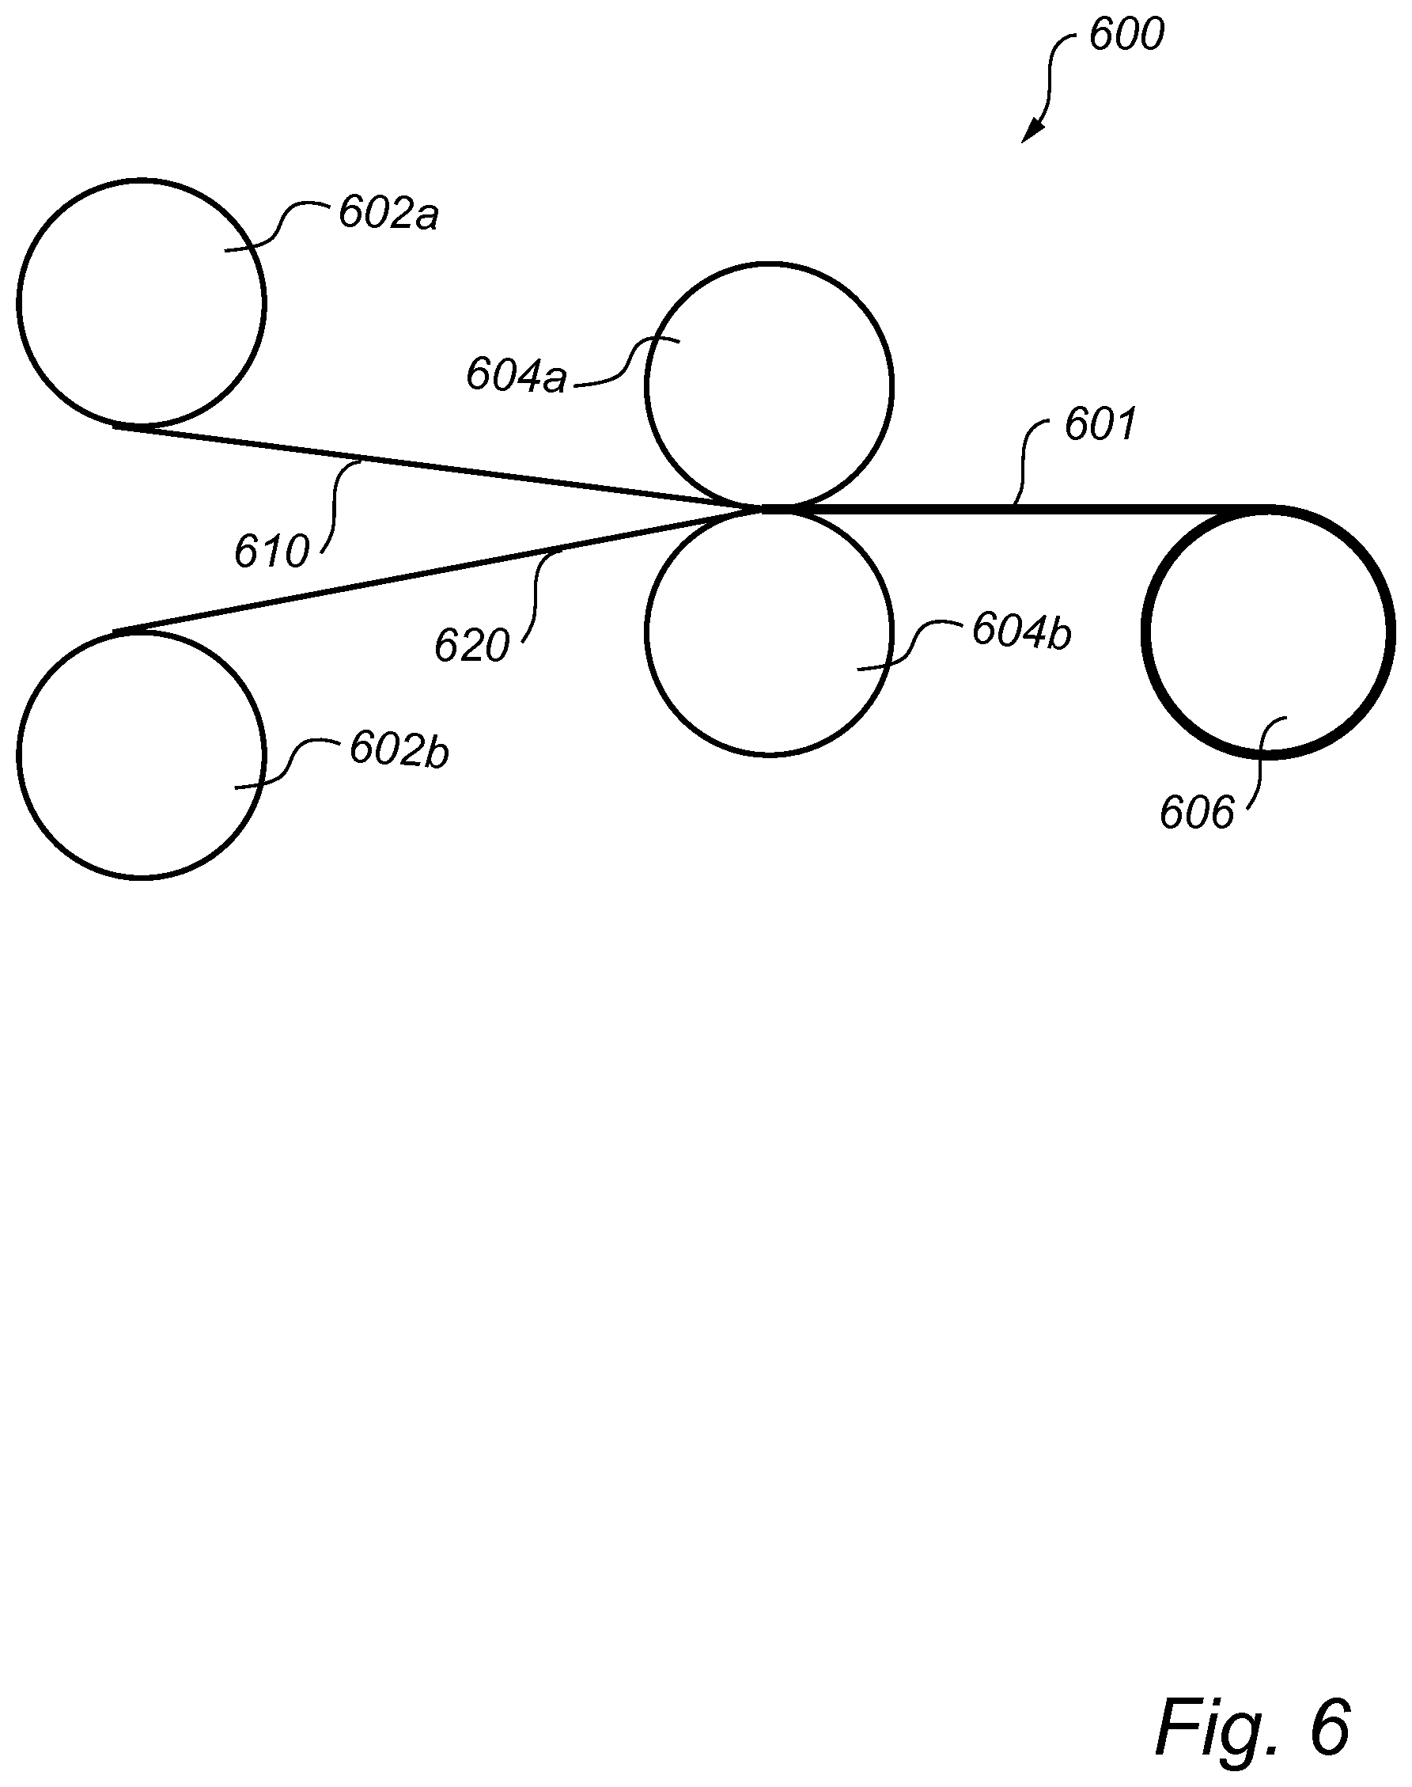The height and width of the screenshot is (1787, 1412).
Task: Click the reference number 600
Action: (1126, 35)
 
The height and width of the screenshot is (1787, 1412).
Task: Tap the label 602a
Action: (388, 214)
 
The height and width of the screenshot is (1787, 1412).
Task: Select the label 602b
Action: (399, 751)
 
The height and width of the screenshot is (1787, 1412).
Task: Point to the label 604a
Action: (516, 375)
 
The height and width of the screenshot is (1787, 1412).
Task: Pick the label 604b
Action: (1022, 632)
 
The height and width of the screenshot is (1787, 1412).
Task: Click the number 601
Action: (1100, 425)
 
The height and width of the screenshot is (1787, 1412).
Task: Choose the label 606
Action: (1196, 812)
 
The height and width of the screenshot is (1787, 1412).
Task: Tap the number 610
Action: (271, 552)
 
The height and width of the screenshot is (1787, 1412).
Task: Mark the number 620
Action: (472, 646)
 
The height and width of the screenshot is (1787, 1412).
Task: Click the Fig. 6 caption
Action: (1251, 1728)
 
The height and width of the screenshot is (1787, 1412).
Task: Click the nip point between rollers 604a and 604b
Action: (767, 510)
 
